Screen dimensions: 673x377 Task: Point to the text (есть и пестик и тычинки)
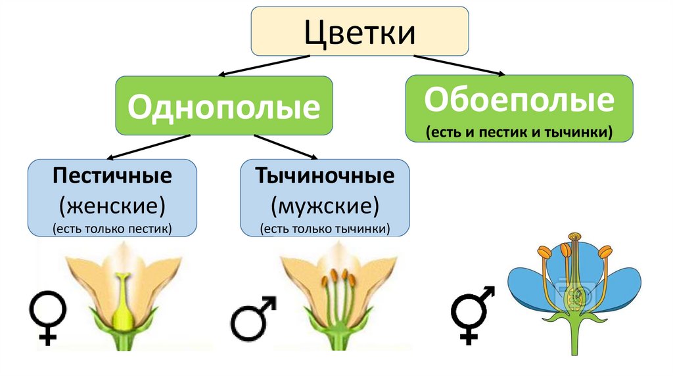(519, 132)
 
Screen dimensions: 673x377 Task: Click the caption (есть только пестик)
(112, 229)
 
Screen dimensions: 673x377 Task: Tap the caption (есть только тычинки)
(325, 229)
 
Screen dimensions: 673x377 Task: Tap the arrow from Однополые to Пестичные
(148, 147)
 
